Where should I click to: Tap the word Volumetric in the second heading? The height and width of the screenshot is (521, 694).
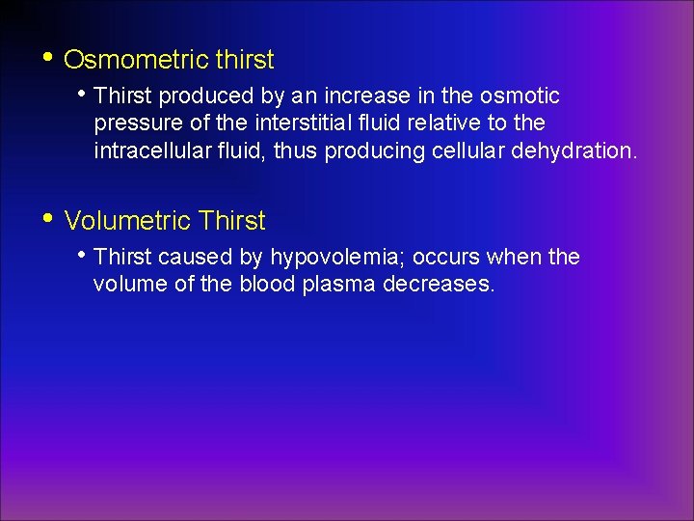click(x=125, y=221)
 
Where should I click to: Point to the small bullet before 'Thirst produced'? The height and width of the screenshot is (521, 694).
click(x=86, y=95)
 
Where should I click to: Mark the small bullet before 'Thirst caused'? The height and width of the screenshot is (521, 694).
click(x=86, y=256)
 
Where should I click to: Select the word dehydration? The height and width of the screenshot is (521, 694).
click(x=585, y=151)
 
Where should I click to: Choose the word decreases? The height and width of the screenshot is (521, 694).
click(x=440, y=285)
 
